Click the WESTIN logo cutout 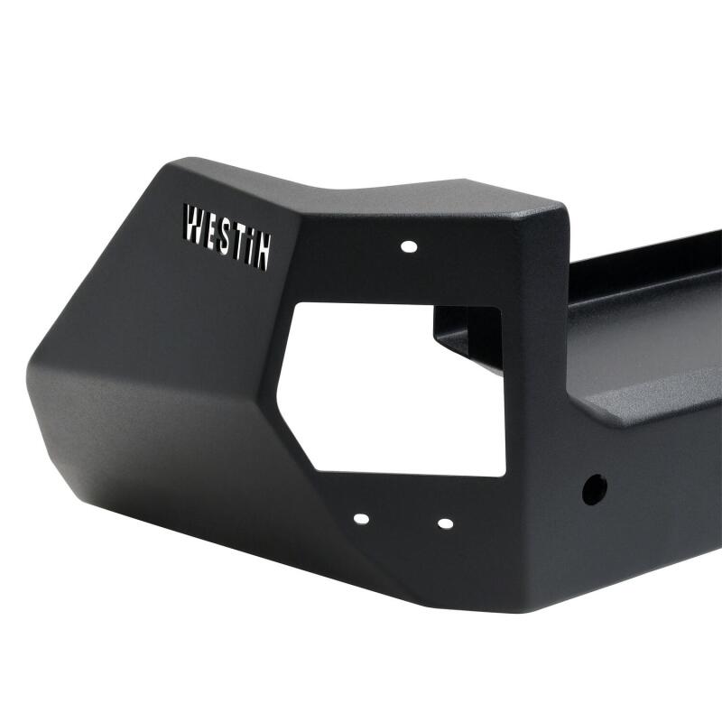[x=227, y=236]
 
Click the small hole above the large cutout [x=408, y=245]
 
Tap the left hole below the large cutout [x=361, y=519]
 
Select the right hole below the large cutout [x=444, y=523]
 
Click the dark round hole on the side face [x=594, y=489]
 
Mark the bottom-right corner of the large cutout [x=504, y=475]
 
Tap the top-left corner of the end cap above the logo [x=171, y=162]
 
